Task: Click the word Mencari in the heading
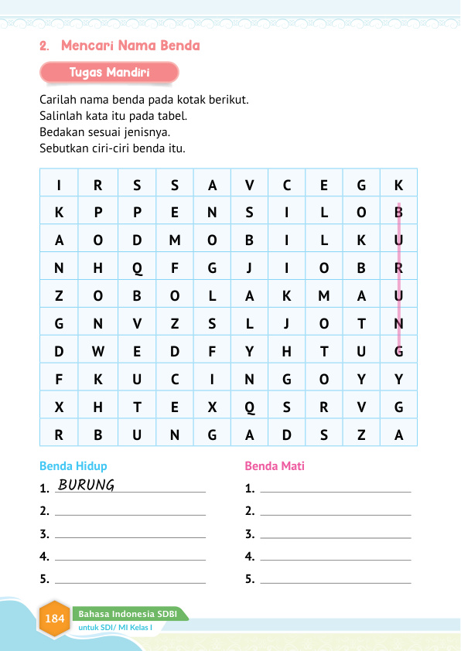(x=85, y=46)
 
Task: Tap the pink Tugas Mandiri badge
(x=109, y=73)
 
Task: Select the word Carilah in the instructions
(x=56, y=101)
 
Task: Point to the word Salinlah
(x=60, y=116)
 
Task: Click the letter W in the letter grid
(x=97, y=352)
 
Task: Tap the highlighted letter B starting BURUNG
(x=398, y=213)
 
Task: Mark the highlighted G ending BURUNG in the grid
(x=398, y=352)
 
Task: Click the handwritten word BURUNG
(x=87, y=486)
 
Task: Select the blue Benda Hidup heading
(x=73, y=466)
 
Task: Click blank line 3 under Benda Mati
(x=335, y=535)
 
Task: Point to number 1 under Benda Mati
(x=249, y=489)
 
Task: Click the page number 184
(x=55, y=619)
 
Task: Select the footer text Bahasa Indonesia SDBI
(x=128, y=614)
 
